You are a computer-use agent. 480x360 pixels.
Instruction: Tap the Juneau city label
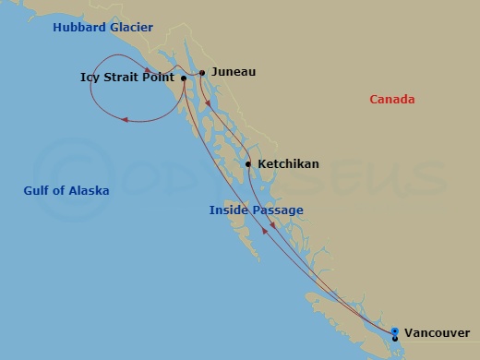[x=234, y=71]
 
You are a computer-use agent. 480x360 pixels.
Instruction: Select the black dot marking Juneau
[x=201, y=72]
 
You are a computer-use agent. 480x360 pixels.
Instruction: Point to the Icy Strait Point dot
[x=184, y=78]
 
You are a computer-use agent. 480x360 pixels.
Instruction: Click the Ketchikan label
[x=288, y=164]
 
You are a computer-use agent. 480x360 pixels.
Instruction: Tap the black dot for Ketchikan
[x=247, y=164]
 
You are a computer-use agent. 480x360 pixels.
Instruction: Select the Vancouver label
[x=437, y=332]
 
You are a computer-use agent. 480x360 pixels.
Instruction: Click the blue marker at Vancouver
[x=395, y=331]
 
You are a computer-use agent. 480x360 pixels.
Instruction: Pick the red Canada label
[x=391, y=100]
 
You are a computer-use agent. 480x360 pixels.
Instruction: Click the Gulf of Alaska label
[x=66, y=191]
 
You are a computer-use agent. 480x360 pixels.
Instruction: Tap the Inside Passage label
[x=256, y=210]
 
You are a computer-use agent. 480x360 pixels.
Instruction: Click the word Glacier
[x=131, y=29]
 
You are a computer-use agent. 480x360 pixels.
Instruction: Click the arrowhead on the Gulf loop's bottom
[x=126, y=118]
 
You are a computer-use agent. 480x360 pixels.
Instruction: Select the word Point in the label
[x=161, y=78]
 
